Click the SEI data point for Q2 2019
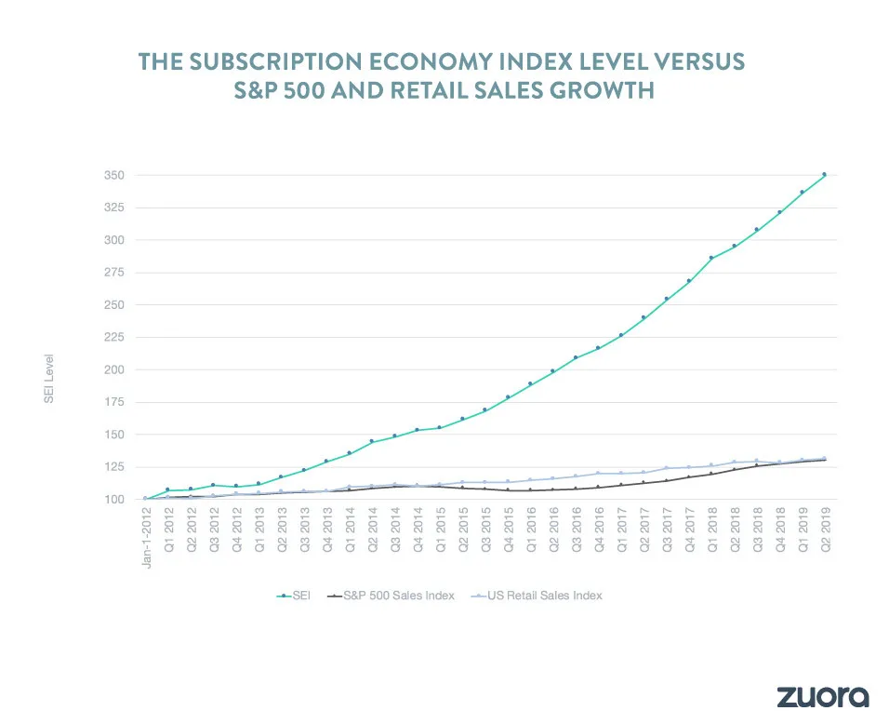824,175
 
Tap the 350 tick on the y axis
114,175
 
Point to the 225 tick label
114,337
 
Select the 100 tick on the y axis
114,500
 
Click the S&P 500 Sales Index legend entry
390,595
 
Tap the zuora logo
822,696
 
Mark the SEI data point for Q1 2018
711,258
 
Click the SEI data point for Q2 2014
372,441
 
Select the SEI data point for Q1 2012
168,489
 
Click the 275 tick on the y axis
114,272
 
